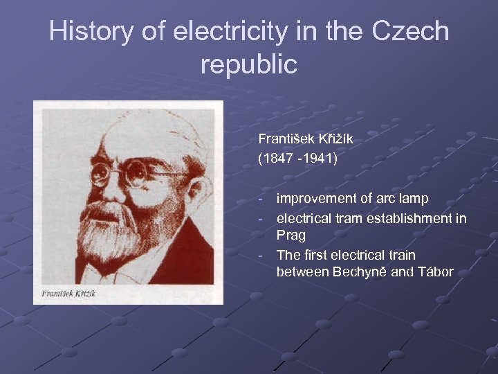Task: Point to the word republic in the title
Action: (248, 64)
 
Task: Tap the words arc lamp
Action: (403, 199)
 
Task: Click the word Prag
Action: (290, 235)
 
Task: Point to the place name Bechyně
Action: (360, 271)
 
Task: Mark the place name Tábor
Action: (435, 271)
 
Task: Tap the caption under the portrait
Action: (68, 293)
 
